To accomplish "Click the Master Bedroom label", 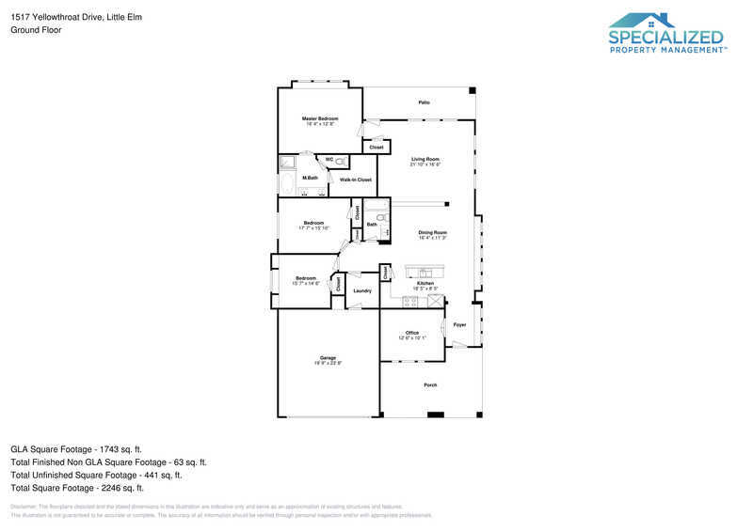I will (320, 118).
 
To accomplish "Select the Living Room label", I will (425, 159).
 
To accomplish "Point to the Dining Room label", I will (432, 232).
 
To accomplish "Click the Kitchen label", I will (425, 283).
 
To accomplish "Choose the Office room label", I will (412, 333).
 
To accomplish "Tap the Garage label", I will (328, 358).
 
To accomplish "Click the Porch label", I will (431, 385).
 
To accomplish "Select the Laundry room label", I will (362, 291).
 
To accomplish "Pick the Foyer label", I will (459, 324).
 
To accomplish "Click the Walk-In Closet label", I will (356, 180).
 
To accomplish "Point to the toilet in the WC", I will (341, 161).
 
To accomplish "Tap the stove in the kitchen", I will (410, 302).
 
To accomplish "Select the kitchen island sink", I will (424, 273).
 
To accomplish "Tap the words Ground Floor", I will (34, 30).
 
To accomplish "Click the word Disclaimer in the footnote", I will (23, 506).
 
